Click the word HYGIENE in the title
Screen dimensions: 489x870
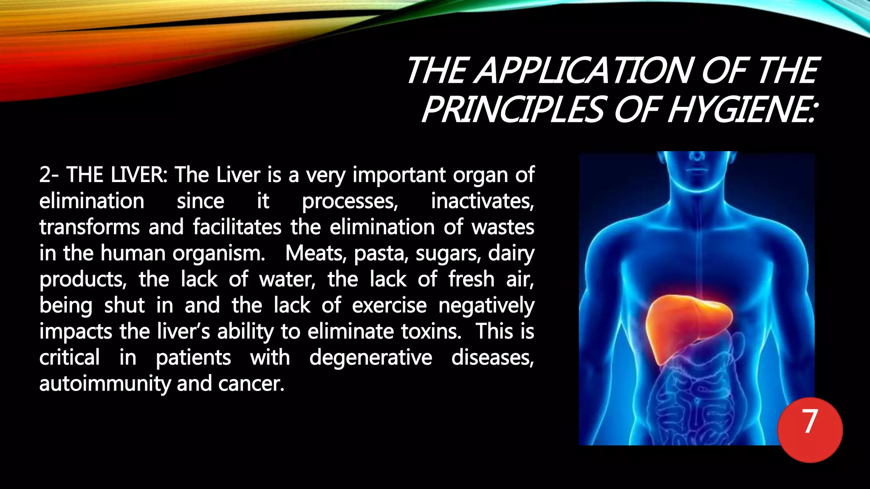click(741, 110)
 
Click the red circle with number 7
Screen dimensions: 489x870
click(810, 430)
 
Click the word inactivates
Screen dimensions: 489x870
click(482, 201)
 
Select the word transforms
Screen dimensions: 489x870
click(89, 227)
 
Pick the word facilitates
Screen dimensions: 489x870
click(237, 227)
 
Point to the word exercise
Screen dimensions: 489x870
click(389, 306)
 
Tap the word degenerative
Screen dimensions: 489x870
click(370, 358)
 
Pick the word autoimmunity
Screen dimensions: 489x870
click(105, 384)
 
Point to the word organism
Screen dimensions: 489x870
click(219, 253)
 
